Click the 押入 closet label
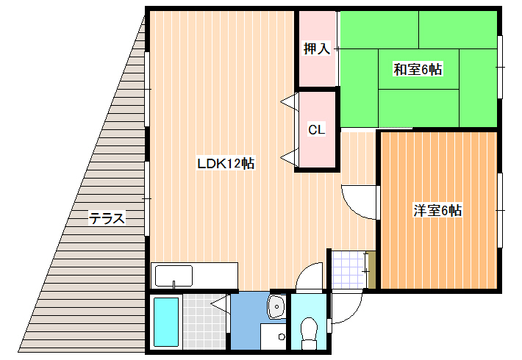tap(316, 49)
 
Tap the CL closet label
tap(316, 130)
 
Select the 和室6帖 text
tap(417, 70)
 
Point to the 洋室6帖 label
tap(437, 211)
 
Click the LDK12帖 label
tap(225, 164)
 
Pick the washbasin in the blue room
tap(277, 307)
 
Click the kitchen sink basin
tap(173, 276)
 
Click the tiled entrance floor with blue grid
tap(347, 270)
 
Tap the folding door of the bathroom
tap(218, 306)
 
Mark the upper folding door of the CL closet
tap(289, 101)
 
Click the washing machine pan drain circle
tap(282, 337)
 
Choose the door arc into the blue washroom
tap(309, 276)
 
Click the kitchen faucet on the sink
tap(173, 284)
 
